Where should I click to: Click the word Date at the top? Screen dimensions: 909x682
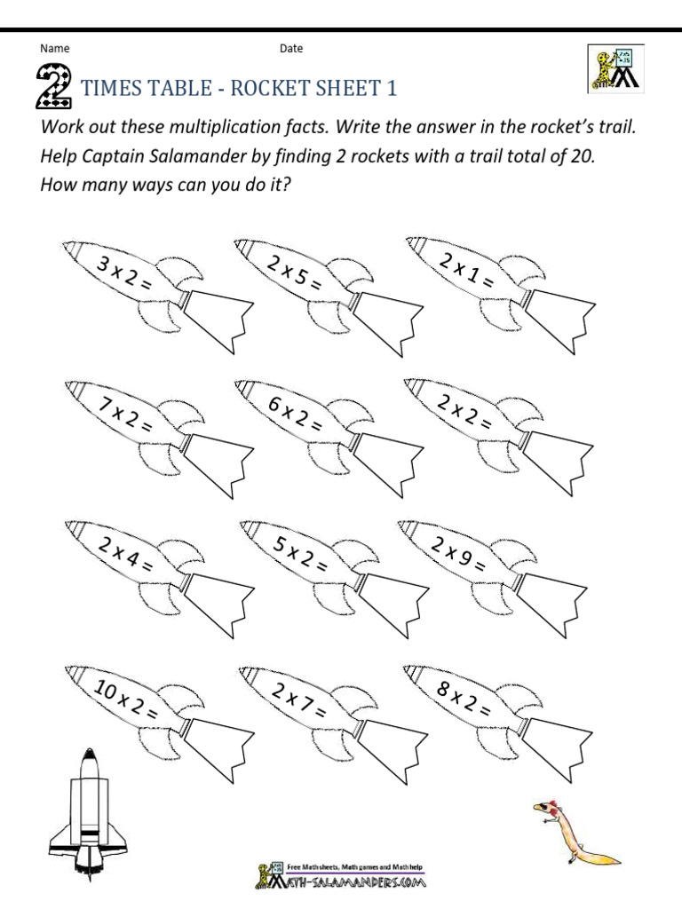291,49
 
